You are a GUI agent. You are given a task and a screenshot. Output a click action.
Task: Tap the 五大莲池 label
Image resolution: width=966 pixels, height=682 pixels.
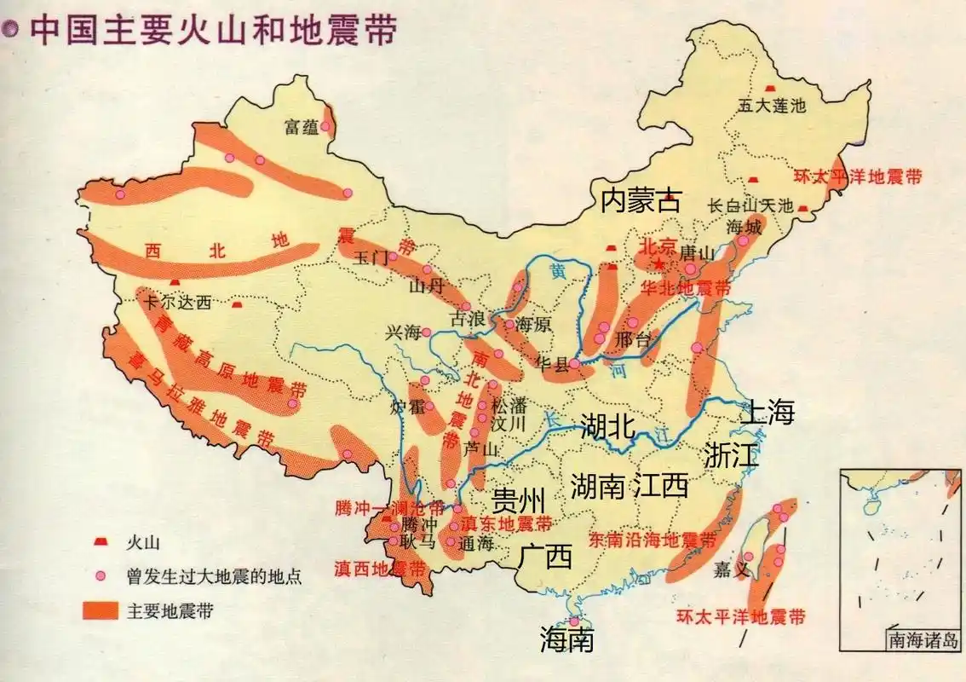771,106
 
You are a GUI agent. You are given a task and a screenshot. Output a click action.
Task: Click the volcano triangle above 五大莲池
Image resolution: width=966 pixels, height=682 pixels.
770,88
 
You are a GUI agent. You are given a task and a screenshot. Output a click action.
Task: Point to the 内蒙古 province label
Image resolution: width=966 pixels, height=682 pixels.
641,201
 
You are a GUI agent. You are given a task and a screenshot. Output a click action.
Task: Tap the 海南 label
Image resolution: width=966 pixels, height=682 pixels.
567,639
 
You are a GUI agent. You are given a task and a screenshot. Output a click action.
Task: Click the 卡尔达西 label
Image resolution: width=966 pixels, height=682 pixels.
178,301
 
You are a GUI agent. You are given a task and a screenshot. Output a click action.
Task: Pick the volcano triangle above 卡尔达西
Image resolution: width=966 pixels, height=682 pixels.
175,281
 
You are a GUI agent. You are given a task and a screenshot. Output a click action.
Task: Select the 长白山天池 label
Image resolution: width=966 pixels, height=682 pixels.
750,206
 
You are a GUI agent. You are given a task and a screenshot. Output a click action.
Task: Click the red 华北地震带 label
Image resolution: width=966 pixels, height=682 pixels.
686,288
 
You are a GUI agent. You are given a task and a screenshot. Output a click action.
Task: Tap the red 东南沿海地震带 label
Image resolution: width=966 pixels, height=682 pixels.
653,540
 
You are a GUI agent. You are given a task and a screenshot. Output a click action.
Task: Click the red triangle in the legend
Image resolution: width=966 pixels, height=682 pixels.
101,541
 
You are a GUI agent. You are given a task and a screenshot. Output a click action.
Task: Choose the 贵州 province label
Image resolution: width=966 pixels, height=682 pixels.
518,498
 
